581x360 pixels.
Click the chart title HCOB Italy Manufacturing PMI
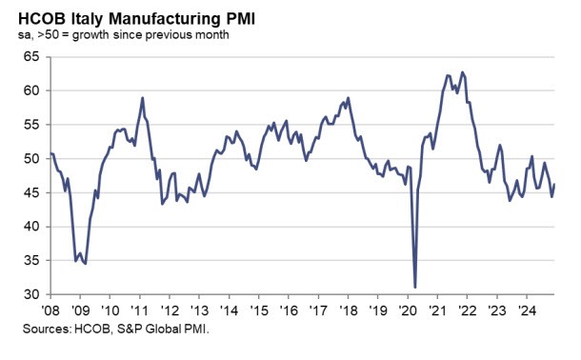tap(135, 16)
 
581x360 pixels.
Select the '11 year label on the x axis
tap(139, 310)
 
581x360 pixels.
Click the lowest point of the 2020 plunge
tap(415, 287)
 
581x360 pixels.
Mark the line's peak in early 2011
tap(142, 98)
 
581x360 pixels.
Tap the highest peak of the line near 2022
tap(462, 72)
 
